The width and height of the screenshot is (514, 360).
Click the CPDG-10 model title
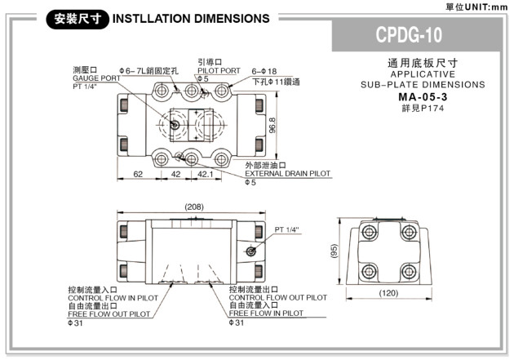click(x=420, y=36)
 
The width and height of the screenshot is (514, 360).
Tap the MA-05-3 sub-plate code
click(x=423, y=98)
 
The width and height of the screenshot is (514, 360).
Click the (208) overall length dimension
click(x=193, y=207)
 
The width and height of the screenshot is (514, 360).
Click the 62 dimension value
click(x=137, y=173)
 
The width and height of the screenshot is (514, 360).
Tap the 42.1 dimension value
click(x=206, y=173)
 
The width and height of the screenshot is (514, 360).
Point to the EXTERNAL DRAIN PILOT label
click(x=288, y=173)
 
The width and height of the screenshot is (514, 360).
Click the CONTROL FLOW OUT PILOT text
click(x=278, y=298)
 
